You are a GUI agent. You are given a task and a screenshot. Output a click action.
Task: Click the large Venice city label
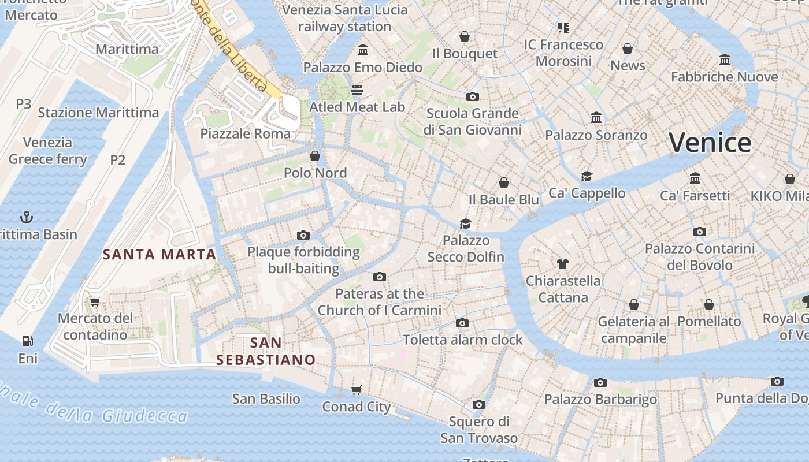[x=710, y=143]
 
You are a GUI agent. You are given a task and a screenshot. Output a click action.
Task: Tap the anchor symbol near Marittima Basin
[x=27, y=217]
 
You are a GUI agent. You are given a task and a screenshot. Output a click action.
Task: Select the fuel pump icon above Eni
[x=27, y=341]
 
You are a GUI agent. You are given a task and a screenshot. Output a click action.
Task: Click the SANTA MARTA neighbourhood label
[x=159, y=254]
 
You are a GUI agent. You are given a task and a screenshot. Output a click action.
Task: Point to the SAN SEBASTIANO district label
[x=266, y=351]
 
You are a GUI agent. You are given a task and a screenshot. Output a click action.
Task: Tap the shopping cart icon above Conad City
[x=357, y=390]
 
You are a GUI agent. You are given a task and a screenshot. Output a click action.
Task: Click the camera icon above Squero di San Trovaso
[x=479, y=404]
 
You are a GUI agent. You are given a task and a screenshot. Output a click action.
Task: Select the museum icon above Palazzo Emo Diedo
[x=363, y=50]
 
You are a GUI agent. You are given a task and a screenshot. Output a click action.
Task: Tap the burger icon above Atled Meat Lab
[x=357, y=90]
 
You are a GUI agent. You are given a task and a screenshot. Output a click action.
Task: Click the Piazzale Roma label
[x=246, y=133]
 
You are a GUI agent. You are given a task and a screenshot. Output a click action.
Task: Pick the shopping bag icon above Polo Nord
[x=315, y=156]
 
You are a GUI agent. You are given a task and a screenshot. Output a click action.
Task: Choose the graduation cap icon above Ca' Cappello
[x=587, y=176]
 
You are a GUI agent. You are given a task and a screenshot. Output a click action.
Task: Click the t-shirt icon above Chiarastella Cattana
[x=563, y=264]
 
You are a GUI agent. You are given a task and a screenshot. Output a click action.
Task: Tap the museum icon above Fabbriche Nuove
[x=725, y=59]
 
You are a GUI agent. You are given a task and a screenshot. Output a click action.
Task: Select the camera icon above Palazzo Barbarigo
[x=600, y=382]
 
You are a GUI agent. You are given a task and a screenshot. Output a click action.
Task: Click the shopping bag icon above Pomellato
[x=709, y=304]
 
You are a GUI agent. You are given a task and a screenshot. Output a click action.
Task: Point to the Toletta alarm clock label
[x=462, y=340]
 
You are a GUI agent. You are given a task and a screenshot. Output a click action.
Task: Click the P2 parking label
[x=117, y=159]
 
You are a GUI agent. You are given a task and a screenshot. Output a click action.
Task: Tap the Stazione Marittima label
[x=98, y=112]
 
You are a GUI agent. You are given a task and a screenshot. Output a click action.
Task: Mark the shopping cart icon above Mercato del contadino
[x=95, y=301]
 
